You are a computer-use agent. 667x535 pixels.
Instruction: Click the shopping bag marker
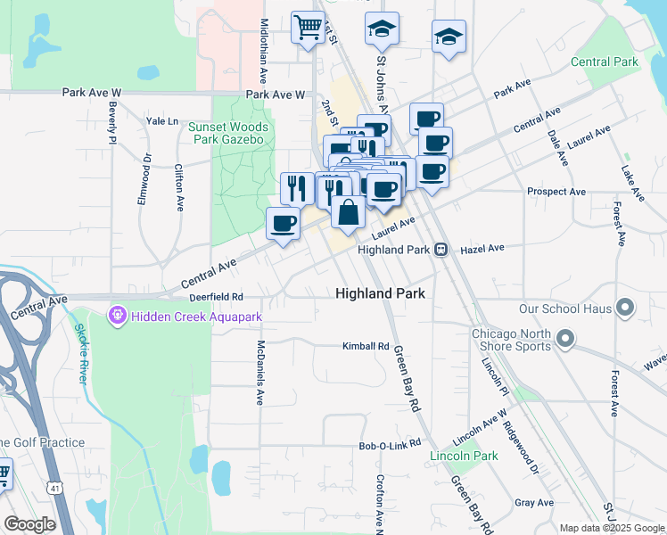pos(348,212)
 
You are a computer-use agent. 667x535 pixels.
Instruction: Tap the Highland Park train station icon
pos(441,250)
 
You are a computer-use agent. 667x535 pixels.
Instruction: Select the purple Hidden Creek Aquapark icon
pos(117,315)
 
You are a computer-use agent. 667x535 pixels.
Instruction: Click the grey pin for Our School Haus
pos(624,309)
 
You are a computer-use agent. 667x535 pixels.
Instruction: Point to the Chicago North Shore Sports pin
pos(564,338)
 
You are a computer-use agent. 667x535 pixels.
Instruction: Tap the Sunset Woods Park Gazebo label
pos(227,133)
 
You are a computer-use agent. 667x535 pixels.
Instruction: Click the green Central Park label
pos(605,62)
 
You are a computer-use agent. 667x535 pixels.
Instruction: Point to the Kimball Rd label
pos(366,346)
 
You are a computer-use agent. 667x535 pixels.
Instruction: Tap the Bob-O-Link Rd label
pos(389,445)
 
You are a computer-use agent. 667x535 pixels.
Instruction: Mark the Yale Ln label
pos(162,120)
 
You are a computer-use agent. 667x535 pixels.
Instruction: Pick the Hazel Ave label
pos(482,248)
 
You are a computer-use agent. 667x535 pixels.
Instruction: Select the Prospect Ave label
pos(556,191)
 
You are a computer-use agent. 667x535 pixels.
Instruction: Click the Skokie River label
pos(80,361)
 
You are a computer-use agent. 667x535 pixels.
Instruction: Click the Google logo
pos(29,524)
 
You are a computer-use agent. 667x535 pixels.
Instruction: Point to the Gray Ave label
pos(534,503)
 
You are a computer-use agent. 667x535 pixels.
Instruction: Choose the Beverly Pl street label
pos(113,123)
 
